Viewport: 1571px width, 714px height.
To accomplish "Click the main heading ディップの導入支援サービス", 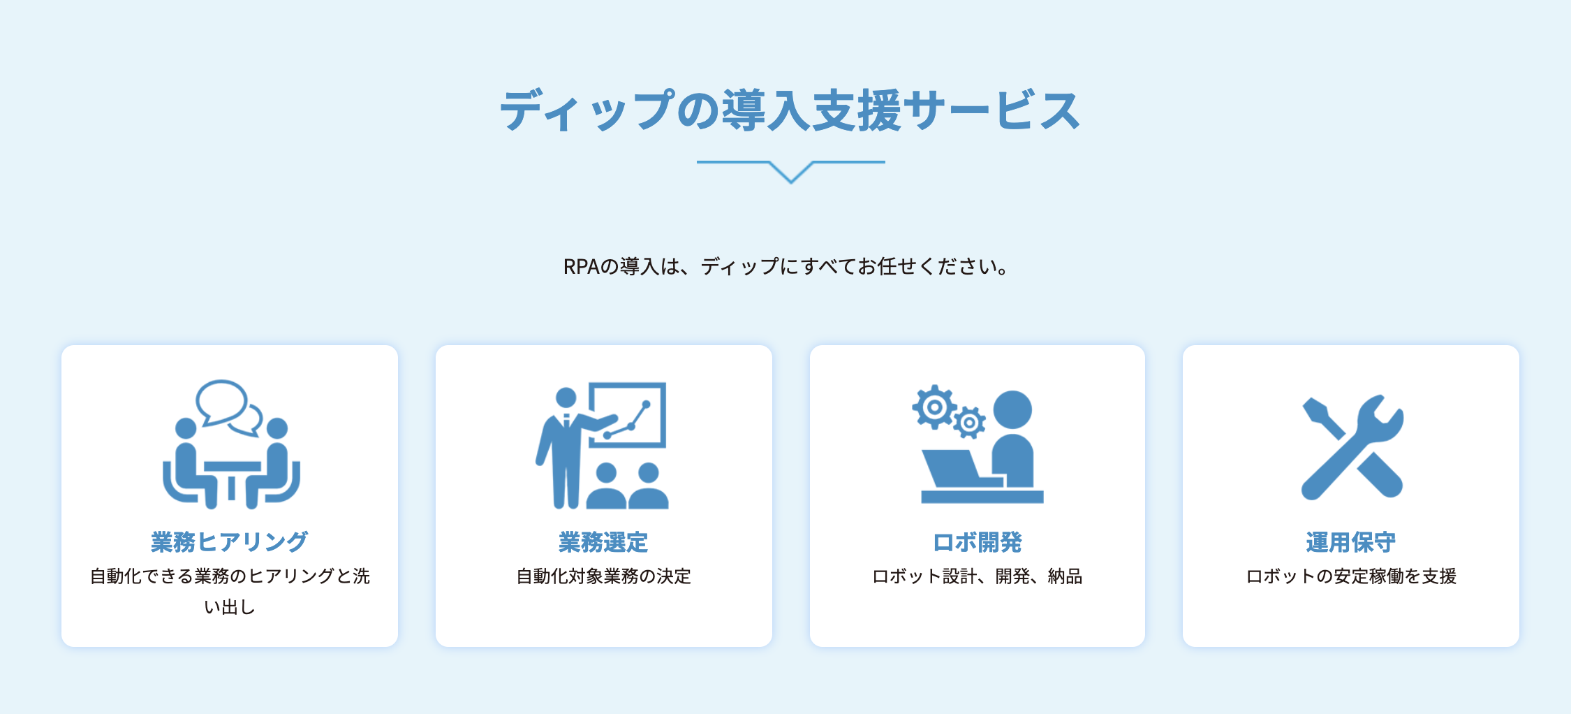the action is [790, 110].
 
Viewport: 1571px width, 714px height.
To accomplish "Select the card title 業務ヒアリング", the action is [230, 541].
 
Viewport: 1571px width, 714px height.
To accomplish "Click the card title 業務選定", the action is [603, 541].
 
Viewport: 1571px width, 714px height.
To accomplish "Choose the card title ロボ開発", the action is [978, 541].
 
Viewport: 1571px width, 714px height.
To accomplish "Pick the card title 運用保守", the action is [1350, 541].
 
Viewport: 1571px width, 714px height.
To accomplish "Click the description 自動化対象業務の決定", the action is [603, 576].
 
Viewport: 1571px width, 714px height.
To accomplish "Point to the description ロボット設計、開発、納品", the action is [978, 576].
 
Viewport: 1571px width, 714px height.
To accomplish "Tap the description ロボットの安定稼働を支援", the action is [1351, 576].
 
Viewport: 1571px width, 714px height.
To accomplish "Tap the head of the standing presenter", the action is [566, 398].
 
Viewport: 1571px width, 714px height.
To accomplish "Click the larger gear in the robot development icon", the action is [934, 407].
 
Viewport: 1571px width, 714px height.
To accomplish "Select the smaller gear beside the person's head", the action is [969, 422].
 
